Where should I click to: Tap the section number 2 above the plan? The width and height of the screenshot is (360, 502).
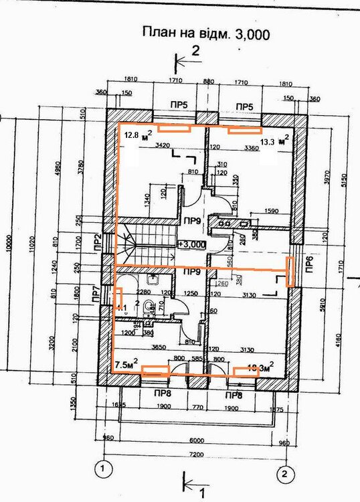[196, 50]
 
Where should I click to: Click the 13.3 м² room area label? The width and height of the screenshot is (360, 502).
[275, 141]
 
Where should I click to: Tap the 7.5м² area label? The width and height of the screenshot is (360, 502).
[126, 365]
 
